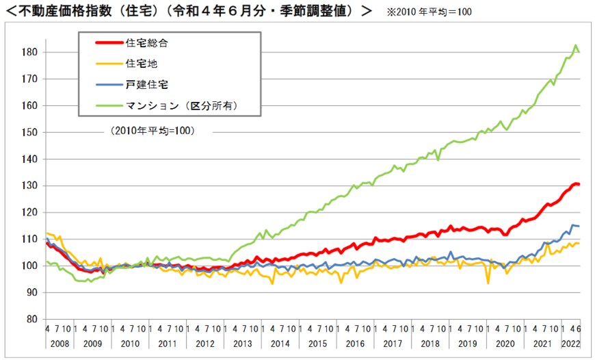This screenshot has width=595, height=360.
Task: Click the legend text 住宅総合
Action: click(146, 42)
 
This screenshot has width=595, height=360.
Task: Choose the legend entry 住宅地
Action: click(141, 64)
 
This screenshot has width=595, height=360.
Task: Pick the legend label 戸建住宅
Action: click(146, 84)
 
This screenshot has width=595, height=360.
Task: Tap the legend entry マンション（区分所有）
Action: click(182, 105)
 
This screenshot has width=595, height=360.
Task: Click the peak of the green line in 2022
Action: click(576, 45)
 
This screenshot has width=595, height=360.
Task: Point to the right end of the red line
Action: click(579, 184)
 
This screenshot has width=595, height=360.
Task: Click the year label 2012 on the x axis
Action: click(205, 344)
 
